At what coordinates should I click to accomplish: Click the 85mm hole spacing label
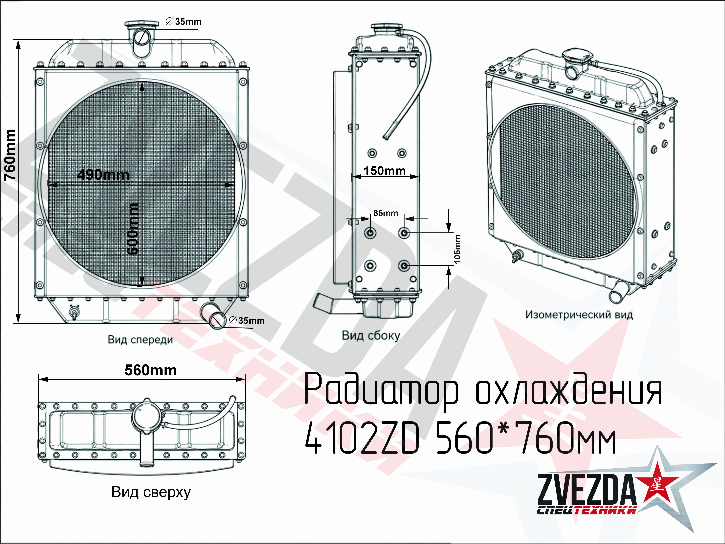(386, 213)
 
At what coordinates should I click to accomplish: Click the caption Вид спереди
(140, 339)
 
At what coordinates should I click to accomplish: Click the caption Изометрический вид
(579, 315)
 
